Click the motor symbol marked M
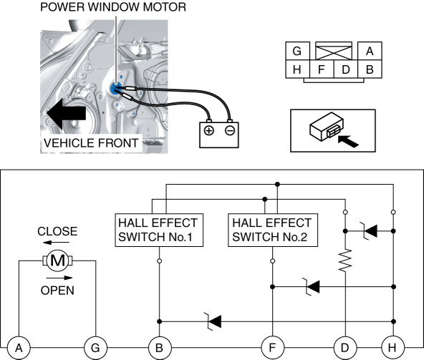click(x=57, y=261)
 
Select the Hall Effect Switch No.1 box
click(x=159, y=230)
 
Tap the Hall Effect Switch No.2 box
click(x=273, y=230)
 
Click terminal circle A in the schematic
click(x=19, y=348)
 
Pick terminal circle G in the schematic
click(x=95, y=348)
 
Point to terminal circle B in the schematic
click(x=160, y=348)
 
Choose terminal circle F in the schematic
click(x=273, y=348)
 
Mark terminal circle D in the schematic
click(x=345, y=348)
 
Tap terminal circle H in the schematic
click(x=392, y=348)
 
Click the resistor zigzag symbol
click(x=345, y=261)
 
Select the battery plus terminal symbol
click(x=208, y=131)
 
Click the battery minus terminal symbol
click(x=230, y=131)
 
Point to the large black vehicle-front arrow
click(x=66, y=113)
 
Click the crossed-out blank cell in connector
click(x=334, y=51)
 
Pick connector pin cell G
click(x=297, y=51)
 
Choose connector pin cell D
click(x=346, y=69)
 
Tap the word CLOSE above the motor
click(x=57, y=231)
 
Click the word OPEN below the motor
click(x=57, y=291)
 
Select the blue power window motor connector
click(x=116, y=88)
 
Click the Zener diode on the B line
click(x=213, y=321)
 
